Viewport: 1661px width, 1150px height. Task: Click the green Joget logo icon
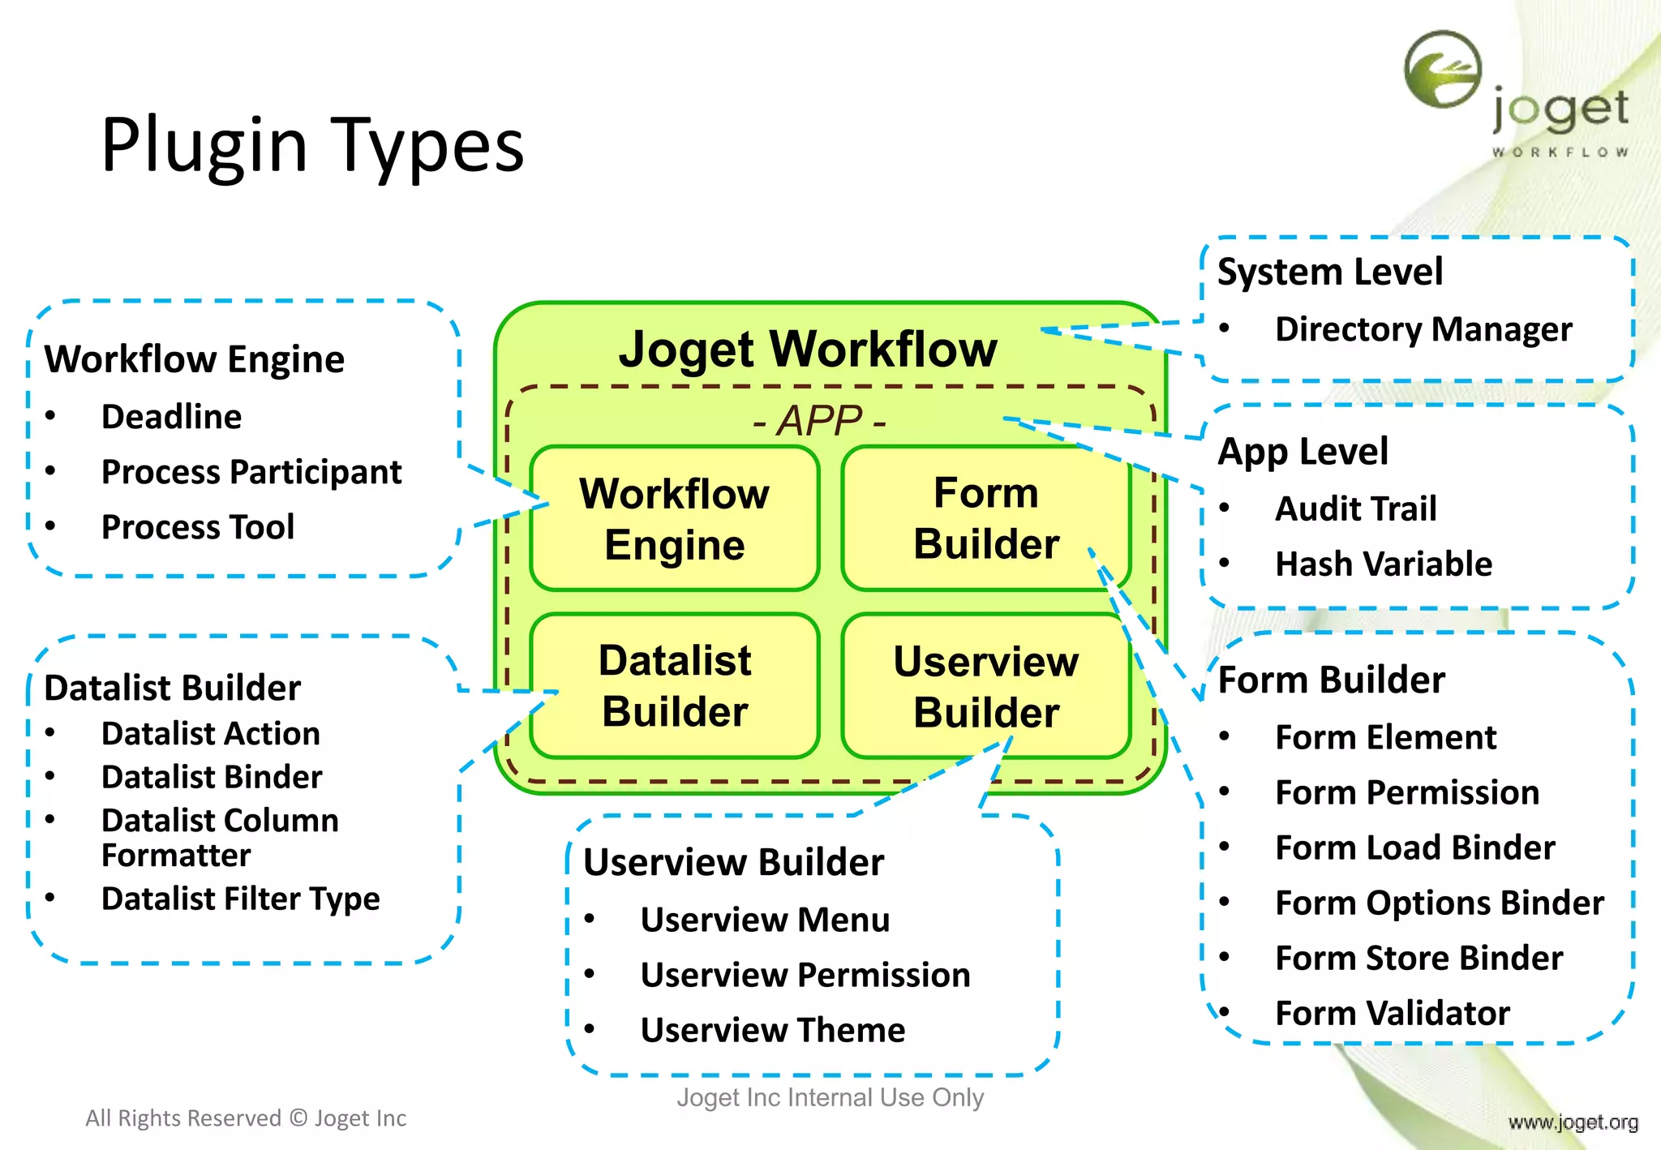[1443, 70]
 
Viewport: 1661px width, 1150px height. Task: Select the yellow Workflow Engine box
[674, 518]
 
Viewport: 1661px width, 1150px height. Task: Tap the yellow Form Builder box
[985, 518]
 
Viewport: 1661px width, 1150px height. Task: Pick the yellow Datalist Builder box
[674, 685]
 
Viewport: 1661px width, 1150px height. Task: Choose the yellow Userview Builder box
[985, 686]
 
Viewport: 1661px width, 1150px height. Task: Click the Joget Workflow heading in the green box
[808, 349]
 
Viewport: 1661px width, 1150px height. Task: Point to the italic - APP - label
[819, 421]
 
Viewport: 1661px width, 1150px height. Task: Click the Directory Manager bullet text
[1423, 329]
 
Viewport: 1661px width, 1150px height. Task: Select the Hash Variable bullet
[1383, 564]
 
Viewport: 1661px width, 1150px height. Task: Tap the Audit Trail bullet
[1355, 508]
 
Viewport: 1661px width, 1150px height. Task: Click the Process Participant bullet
[251, 472]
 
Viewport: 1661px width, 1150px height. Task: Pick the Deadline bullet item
[171, 417]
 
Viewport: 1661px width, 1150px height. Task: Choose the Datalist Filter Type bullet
[240, 899]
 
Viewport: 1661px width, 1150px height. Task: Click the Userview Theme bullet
[772, 1030]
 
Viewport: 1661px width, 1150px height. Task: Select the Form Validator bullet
[1392, 1013]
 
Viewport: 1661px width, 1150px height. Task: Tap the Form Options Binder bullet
[1439, 903]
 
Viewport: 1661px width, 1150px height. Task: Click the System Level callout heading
[1330, 272]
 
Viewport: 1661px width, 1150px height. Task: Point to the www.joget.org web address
[1573, 1122]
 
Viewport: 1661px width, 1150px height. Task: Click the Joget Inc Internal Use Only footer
[830, 1097]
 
